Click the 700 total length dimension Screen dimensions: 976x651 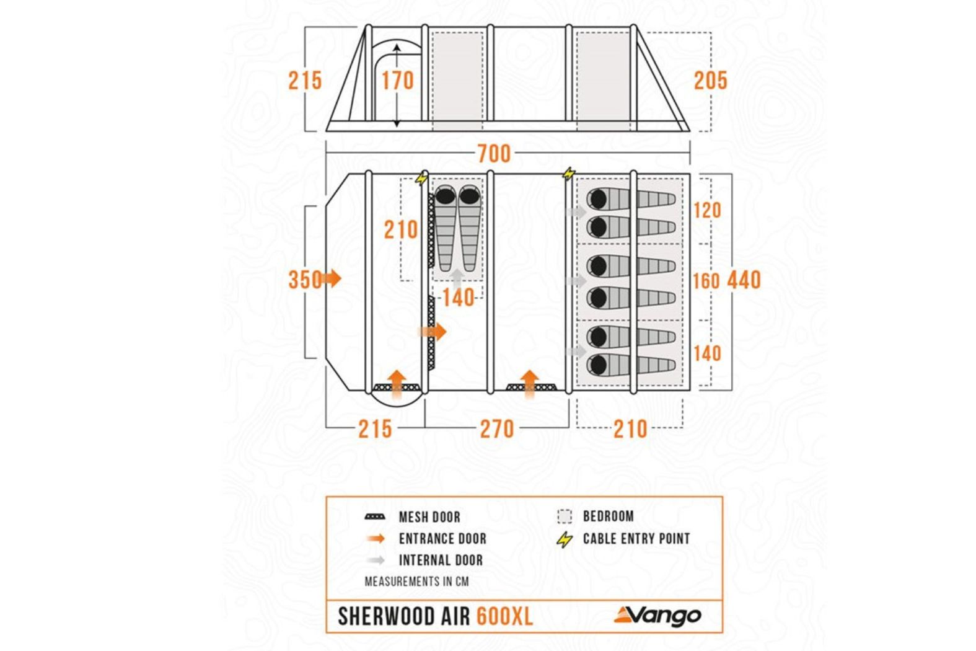click(494, 154)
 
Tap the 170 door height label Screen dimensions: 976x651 click(397, 81)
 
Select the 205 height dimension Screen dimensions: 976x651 click(711, 81)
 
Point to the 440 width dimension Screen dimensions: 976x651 click(744, 280)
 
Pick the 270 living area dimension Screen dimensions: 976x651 click(497, 429)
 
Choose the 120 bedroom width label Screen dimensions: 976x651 click(707, 211)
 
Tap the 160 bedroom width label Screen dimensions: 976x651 click(706, 281)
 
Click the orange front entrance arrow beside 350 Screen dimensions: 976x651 click(332, 278)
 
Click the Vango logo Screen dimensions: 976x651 click(657, 616)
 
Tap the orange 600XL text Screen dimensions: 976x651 click(504, 616)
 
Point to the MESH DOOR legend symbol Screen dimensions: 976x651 click(376, 517)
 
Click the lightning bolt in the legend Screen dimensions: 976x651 click(565, 539)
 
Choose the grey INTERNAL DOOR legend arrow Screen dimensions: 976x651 click(376, 560)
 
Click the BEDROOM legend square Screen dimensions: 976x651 click(565, 516)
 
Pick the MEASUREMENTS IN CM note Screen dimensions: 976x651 click(416, 582)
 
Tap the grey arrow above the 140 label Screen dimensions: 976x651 click(457, 278)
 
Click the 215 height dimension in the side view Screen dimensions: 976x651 click(305, 81)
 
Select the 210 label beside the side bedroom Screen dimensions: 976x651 click(400, 230)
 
